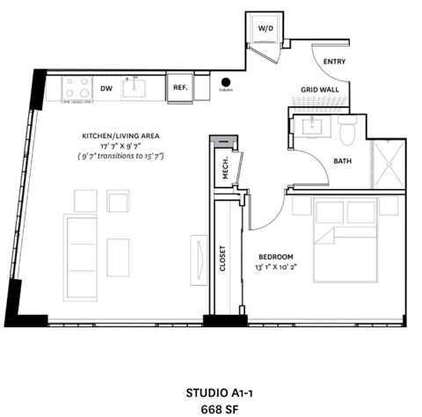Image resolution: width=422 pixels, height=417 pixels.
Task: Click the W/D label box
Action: coord(265,28)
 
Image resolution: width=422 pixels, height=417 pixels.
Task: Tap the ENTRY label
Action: coord(334,62)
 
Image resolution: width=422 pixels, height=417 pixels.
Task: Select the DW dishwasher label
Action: coord(105,88)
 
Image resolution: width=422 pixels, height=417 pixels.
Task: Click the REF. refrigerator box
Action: coord(179,88)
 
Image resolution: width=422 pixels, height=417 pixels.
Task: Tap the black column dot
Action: coord(226,82)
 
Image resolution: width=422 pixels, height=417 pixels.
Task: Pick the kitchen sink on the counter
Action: coord(137,87)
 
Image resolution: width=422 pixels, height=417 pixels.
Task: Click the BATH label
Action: coord(343,161)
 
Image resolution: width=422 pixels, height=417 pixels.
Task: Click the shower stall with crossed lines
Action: coord(387,165)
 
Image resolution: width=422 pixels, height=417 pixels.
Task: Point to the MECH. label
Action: coord(226,169)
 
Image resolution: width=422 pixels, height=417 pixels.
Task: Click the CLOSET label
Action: coord(223,260)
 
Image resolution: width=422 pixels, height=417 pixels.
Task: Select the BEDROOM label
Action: coord(276,256)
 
